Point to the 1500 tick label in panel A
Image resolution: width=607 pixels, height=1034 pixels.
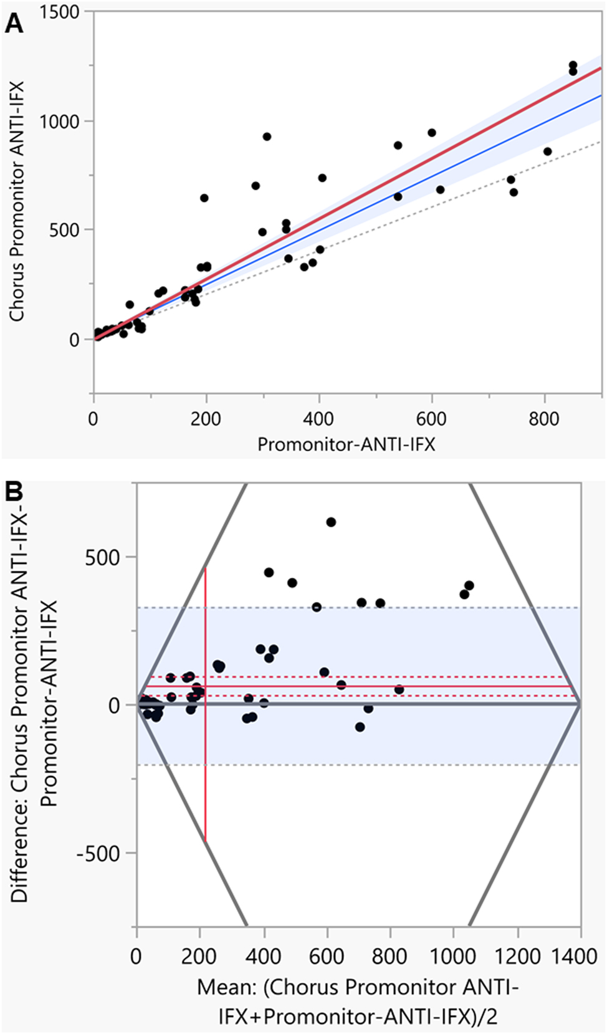[60, 12]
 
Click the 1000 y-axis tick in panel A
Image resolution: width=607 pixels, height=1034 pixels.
[60, 122]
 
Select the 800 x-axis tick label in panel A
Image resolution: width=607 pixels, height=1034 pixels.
[544, 419]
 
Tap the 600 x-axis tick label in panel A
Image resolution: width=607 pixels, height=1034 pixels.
[431, 419]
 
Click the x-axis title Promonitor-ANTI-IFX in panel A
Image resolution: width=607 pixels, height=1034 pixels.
[347, 444]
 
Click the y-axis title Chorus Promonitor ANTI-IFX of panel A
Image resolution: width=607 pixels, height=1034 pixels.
[17, 201]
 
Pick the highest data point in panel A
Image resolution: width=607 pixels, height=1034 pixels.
[573, 65]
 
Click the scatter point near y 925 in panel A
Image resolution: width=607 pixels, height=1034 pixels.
[267, 136]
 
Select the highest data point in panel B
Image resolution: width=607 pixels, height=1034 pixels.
[331, 522]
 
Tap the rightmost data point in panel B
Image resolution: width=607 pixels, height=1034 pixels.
[469, 585]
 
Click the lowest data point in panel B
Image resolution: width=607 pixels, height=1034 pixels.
[360, 727]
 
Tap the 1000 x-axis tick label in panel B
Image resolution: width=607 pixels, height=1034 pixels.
[453, 956]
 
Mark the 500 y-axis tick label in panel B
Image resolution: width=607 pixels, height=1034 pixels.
[102, 557]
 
